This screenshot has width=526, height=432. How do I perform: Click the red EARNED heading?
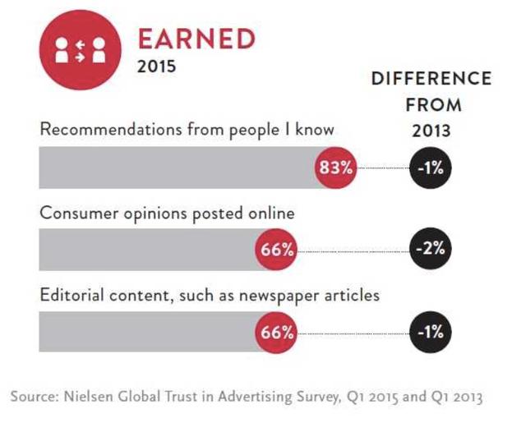point(196,38)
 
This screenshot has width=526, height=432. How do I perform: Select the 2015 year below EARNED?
point(156,67)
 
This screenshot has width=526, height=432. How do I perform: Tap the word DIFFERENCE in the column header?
point(431,80)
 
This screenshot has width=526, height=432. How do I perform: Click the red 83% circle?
point(335,168)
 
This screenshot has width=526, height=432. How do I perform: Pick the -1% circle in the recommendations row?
point(431,168)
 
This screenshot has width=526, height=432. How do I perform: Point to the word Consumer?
point(77,213)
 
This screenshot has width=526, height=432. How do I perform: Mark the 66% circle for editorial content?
point(277,333)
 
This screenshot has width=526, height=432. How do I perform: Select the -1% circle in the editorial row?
point(431,333)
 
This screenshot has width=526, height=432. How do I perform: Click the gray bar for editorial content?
point(148,333)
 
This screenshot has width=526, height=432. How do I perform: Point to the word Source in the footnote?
point(33,397)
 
